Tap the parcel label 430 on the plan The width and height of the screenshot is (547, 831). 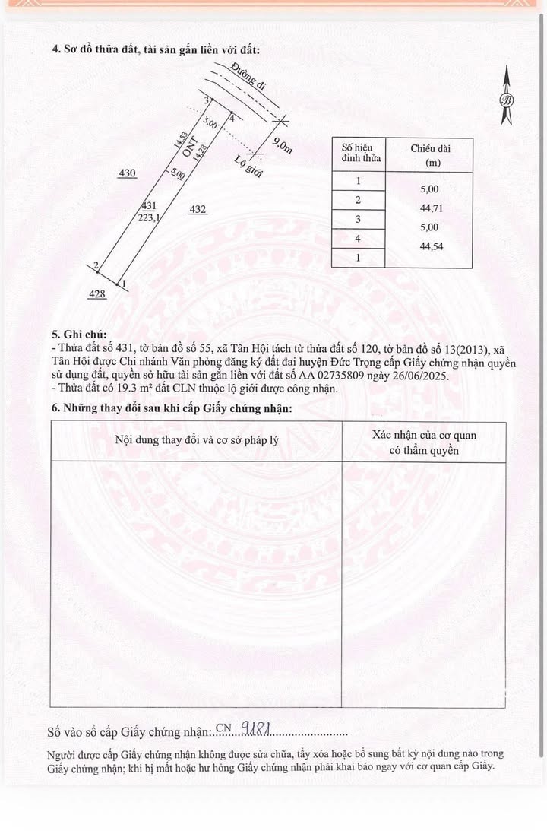(x=127, y=173)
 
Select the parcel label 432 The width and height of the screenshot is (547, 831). (x=198, y=209)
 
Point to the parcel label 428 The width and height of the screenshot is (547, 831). (x=96, y=293)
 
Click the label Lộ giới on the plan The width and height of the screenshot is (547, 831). (x=248, y=166)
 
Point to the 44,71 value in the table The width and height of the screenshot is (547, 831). (x=424, y=208)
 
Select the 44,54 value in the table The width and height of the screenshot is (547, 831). (x=424, y=247)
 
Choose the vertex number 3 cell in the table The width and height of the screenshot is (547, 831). (x=358, y=219)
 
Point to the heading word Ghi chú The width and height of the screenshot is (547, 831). (x=85, y=335)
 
